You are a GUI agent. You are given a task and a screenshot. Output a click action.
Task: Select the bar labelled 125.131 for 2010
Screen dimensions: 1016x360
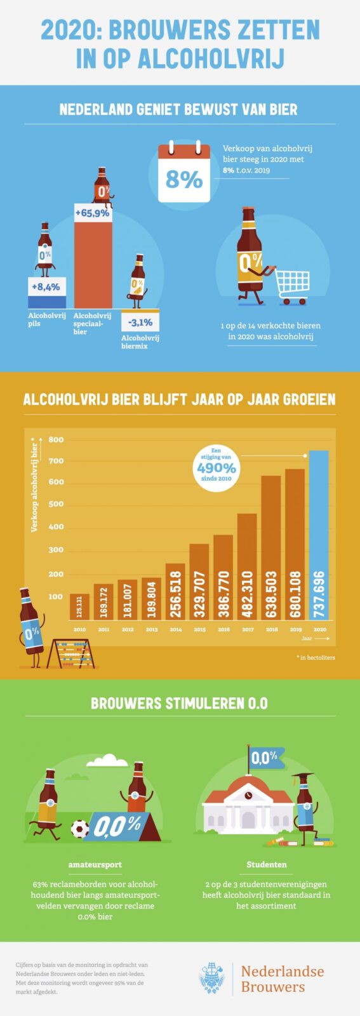[79, 607]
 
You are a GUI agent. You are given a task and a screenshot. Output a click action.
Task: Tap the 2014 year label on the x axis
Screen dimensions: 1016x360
[176, 629]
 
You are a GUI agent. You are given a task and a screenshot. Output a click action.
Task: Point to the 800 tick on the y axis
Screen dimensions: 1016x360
[56, 439]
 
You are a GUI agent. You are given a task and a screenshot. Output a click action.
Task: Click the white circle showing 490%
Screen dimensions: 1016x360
[216, 468]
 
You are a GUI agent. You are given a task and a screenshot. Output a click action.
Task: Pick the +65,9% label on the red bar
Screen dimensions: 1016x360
[93, 213]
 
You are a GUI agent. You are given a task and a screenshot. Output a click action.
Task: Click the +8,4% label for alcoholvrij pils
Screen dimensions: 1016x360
[46, 287]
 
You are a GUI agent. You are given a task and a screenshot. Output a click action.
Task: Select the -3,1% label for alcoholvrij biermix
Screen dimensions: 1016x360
[140, 323]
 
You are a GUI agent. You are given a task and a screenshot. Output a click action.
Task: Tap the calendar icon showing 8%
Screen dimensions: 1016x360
[184, 173]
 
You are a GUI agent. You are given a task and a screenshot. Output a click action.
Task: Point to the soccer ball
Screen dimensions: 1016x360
[80, 829]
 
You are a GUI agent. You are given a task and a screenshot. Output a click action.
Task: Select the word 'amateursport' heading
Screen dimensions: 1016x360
[95, 864]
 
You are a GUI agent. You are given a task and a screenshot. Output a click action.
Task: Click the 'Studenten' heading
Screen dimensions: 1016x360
[267, 864]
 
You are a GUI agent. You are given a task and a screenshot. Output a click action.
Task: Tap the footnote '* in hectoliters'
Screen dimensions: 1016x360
[316, 657]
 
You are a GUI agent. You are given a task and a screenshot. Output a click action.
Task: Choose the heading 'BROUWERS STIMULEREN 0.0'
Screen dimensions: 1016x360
[180, 703]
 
